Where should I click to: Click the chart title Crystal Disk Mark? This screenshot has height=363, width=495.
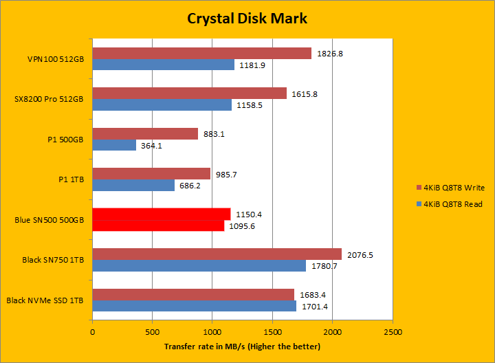pyautogui.click(x=247, y=18)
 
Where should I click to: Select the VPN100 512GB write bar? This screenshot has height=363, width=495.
pyautogui.click(x=201, y=53)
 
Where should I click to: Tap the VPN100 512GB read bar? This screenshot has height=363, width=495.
pyautogui.click(x=163, y=65)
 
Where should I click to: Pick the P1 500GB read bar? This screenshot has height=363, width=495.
pyautogui.click(x=114, y=145)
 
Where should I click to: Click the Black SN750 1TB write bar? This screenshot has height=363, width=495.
pyautogui.click(x=217, y=254)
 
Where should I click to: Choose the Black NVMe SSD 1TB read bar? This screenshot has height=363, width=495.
pyautogui.click(x=194, y=306)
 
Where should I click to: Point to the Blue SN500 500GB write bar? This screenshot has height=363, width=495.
pyautogui.click(x=161, y=214)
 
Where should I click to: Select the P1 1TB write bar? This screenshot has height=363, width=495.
pyautogui.click(x=151, y=174)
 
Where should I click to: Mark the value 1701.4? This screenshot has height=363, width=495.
pyautogui.click(x=316, y=306)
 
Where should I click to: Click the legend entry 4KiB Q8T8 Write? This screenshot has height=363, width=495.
pyautogui.click(x=450, y=187)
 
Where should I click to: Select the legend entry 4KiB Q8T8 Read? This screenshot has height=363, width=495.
pyautogui.click(x=450, y=203)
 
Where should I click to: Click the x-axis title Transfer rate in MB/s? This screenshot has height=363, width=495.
pyautogui.click(x=242, y=346)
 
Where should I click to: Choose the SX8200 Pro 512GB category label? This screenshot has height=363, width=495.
pyautogui.click(x=49, y=99)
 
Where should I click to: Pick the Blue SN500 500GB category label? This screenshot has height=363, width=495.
pyautogui.click(x=49, y=220)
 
